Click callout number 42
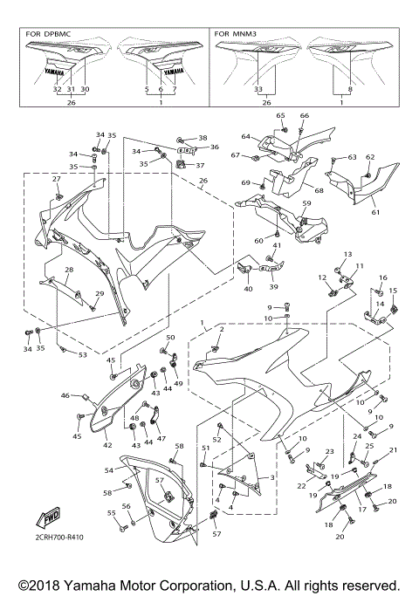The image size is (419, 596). click(x=107, y=444)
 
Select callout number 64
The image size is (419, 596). click(x=246, y=136)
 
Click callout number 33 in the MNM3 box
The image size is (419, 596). click(x=258, y=89)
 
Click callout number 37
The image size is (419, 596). click(x=200, y=165)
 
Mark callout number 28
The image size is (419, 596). click(x=68, y=271)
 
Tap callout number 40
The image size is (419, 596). click(x=248, y=288)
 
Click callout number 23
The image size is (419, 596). click(x=329, y=451)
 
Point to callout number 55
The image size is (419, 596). click(x=111, y=513)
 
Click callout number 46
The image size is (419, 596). click(x=64, y=396)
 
